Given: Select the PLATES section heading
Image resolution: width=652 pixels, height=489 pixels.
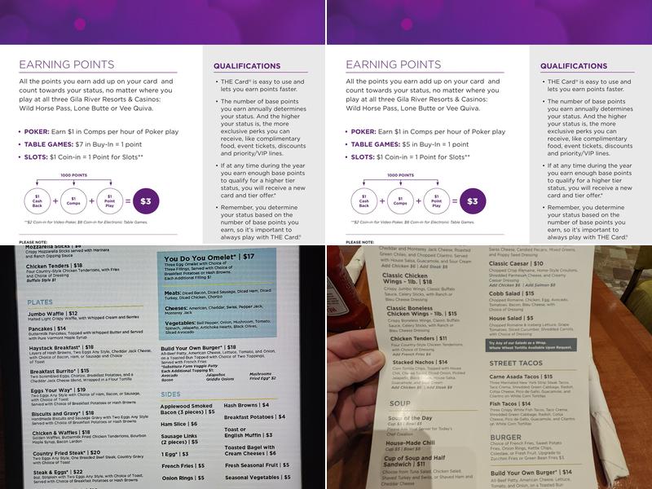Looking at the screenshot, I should tap(40, 301).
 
